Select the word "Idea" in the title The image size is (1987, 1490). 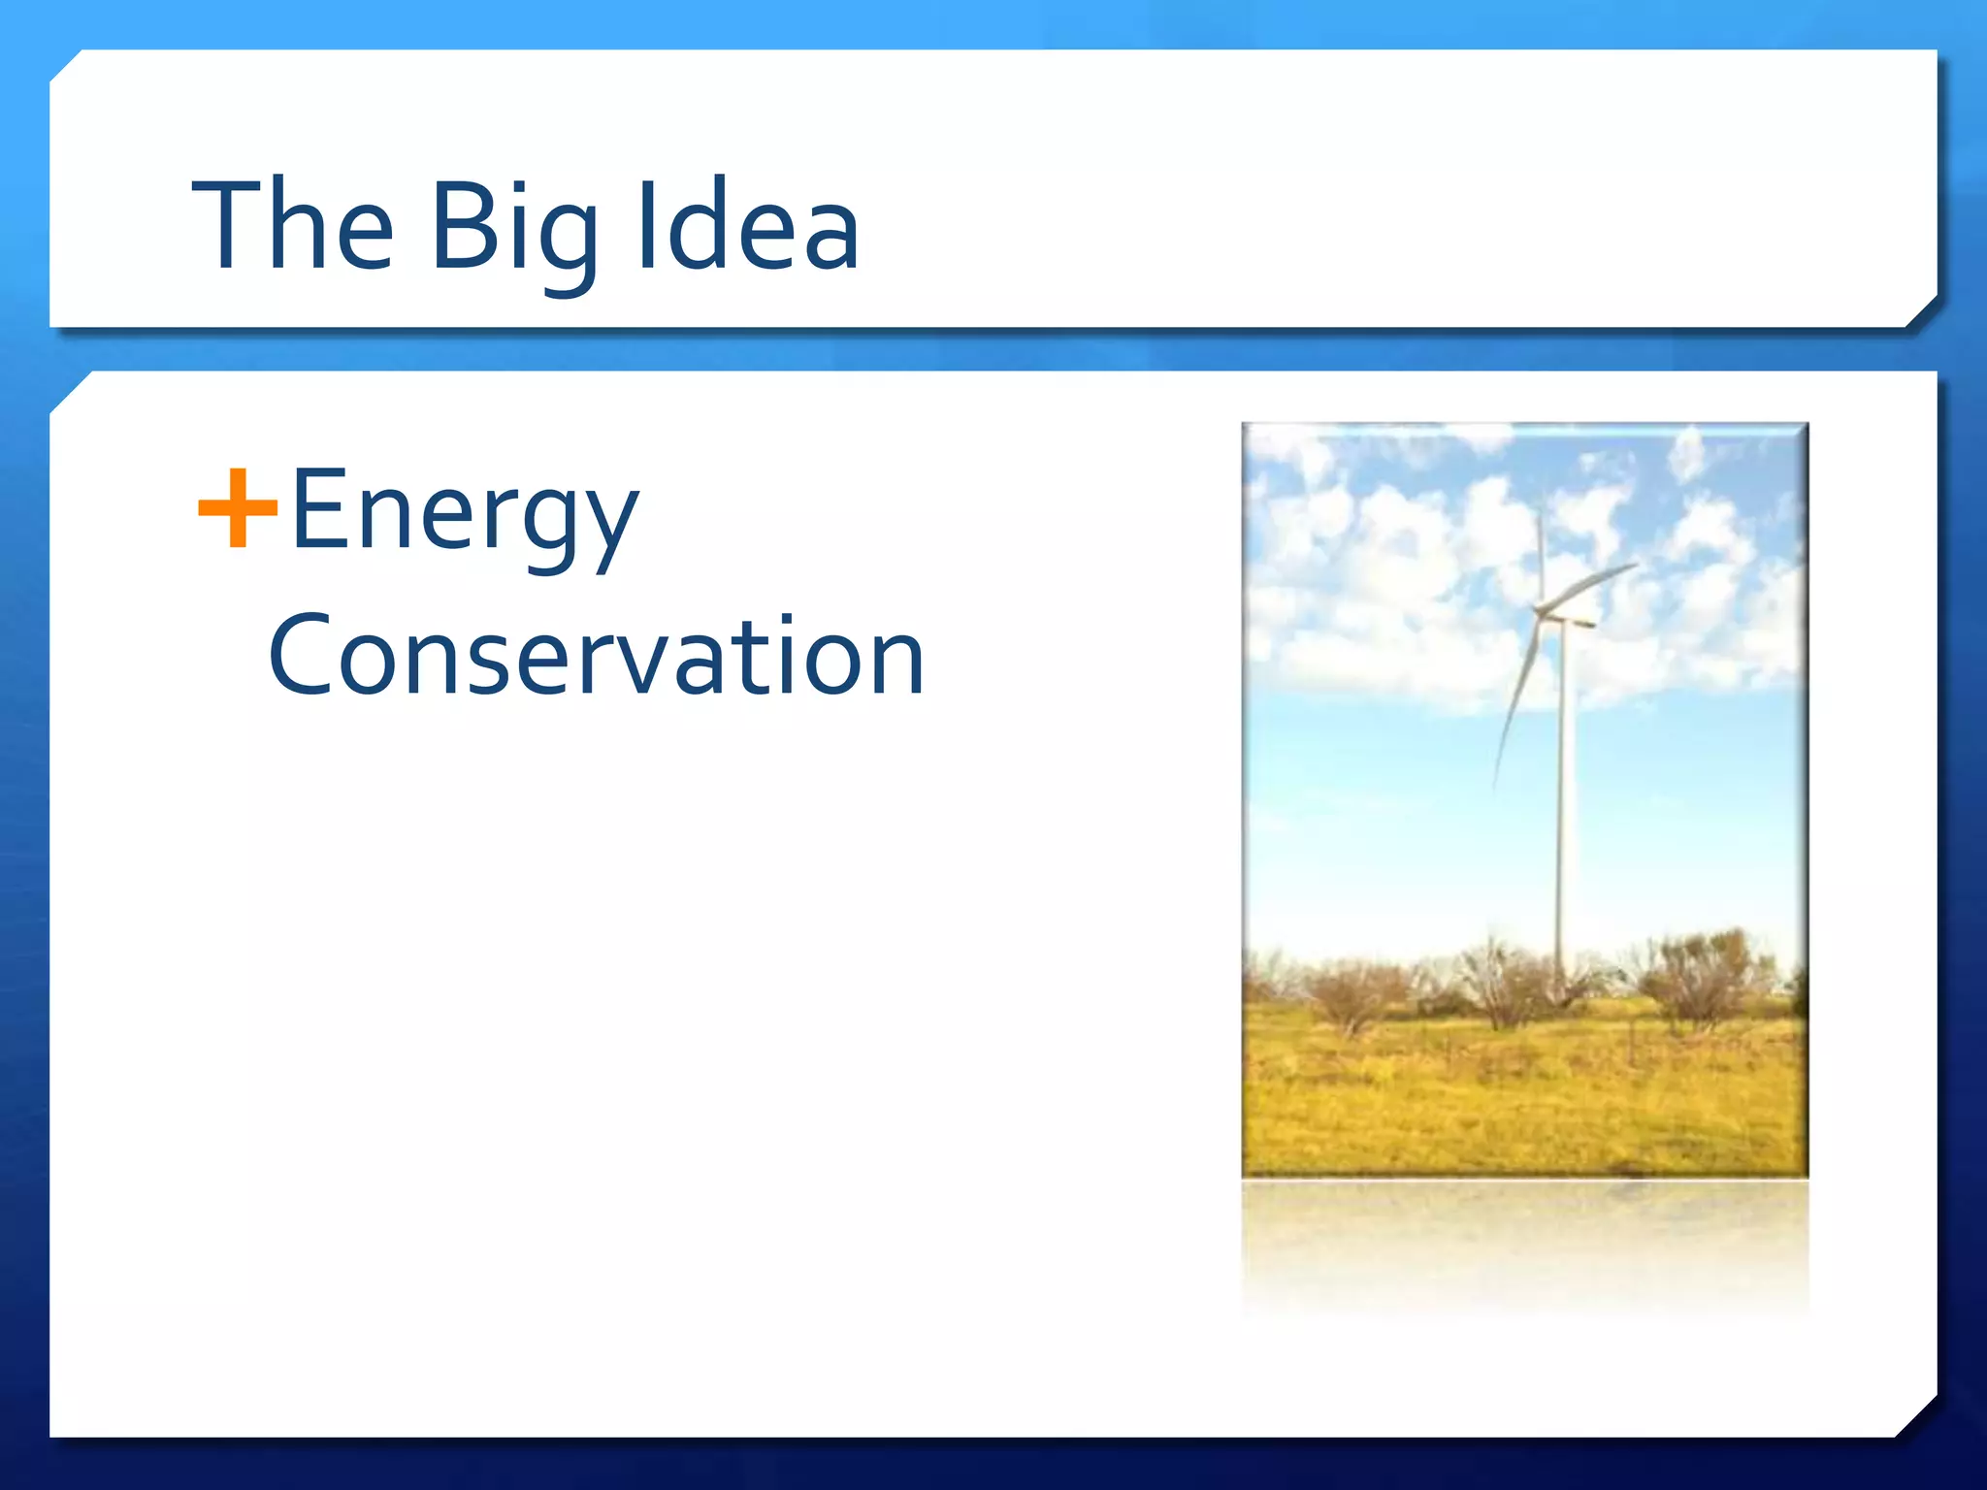pos(748,225)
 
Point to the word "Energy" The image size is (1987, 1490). pos(465,512)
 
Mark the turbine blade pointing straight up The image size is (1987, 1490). pos(1540,553)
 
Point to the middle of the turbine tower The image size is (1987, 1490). pos(1561,805)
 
